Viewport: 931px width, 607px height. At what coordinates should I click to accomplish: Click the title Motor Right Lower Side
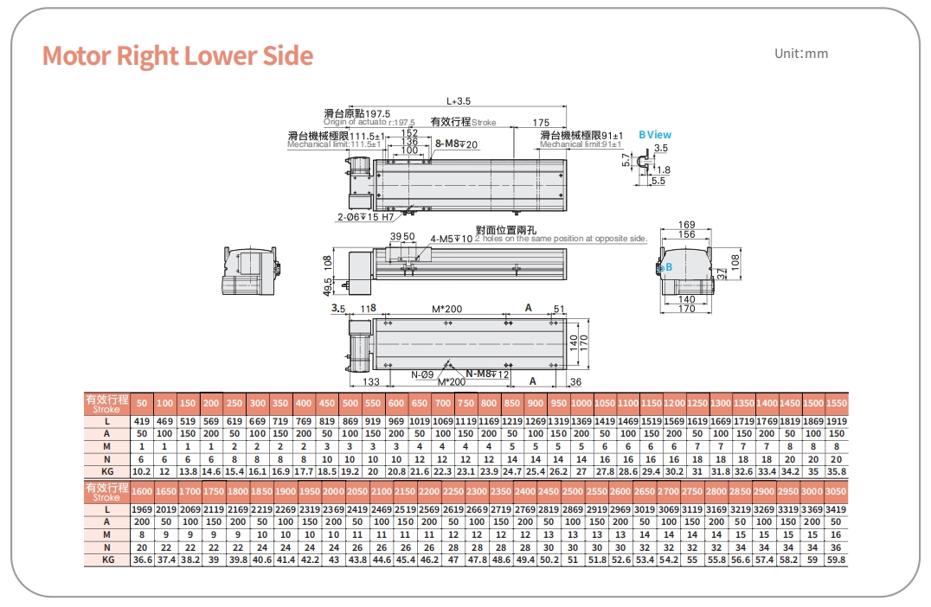click(177, 55)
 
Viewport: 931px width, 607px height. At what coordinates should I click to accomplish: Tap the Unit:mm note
click(801, 54)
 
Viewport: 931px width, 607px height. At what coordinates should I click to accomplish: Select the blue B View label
click(655, 135)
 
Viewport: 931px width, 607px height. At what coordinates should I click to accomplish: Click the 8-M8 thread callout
click(457, 144)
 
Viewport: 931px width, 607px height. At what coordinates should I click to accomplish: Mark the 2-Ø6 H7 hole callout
click(366, 217)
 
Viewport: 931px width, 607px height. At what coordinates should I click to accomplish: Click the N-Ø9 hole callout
click(422, 374)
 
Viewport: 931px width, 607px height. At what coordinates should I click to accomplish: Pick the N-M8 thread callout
click(488, 374)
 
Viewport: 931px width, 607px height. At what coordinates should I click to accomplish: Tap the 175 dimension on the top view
click(541, 123)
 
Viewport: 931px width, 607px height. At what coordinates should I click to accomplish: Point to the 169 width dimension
click(686, 226)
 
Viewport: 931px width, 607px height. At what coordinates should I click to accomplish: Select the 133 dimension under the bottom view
click(371, 381)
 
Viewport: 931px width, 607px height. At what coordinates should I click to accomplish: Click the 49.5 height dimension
click(328, 285)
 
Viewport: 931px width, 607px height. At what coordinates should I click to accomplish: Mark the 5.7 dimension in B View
click(626, 161)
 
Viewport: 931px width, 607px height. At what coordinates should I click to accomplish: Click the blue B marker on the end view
click(669, 268)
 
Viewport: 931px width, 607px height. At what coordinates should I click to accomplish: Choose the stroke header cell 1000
click(581, 404)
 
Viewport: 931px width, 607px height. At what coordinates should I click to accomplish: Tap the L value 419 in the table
click(143, 421)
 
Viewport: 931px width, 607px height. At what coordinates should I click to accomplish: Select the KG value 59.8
click(836, 559)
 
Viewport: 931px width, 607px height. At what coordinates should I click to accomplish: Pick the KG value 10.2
click(143, 470)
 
